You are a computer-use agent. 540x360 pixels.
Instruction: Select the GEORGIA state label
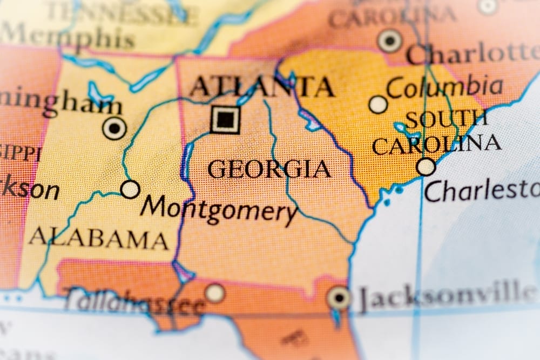click(x=269, y=169)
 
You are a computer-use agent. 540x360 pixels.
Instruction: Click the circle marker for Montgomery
click(x=130, y=189)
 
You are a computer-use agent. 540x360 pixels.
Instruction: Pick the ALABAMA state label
click(x=98, y=238)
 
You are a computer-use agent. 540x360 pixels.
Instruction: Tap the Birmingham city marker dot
click(x=114, y=128)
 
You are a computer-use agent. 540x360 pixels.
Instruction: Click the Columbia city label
click(x=444, y=87)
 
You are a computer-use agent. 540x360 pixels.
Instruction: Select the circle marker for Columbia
click(x=378, y=104)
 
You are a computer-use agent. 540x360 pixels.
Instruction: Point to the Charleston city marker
click(x=426, y=167)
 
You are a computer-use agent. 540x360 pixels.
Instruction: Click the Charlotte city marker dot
click(x=389, y=40)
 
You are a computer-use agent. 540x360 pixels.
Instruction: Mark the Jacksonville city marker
click(x=339, y=297)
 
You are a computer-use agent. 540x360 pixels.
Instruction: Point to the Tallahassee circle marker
click(x=215, y=293)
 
